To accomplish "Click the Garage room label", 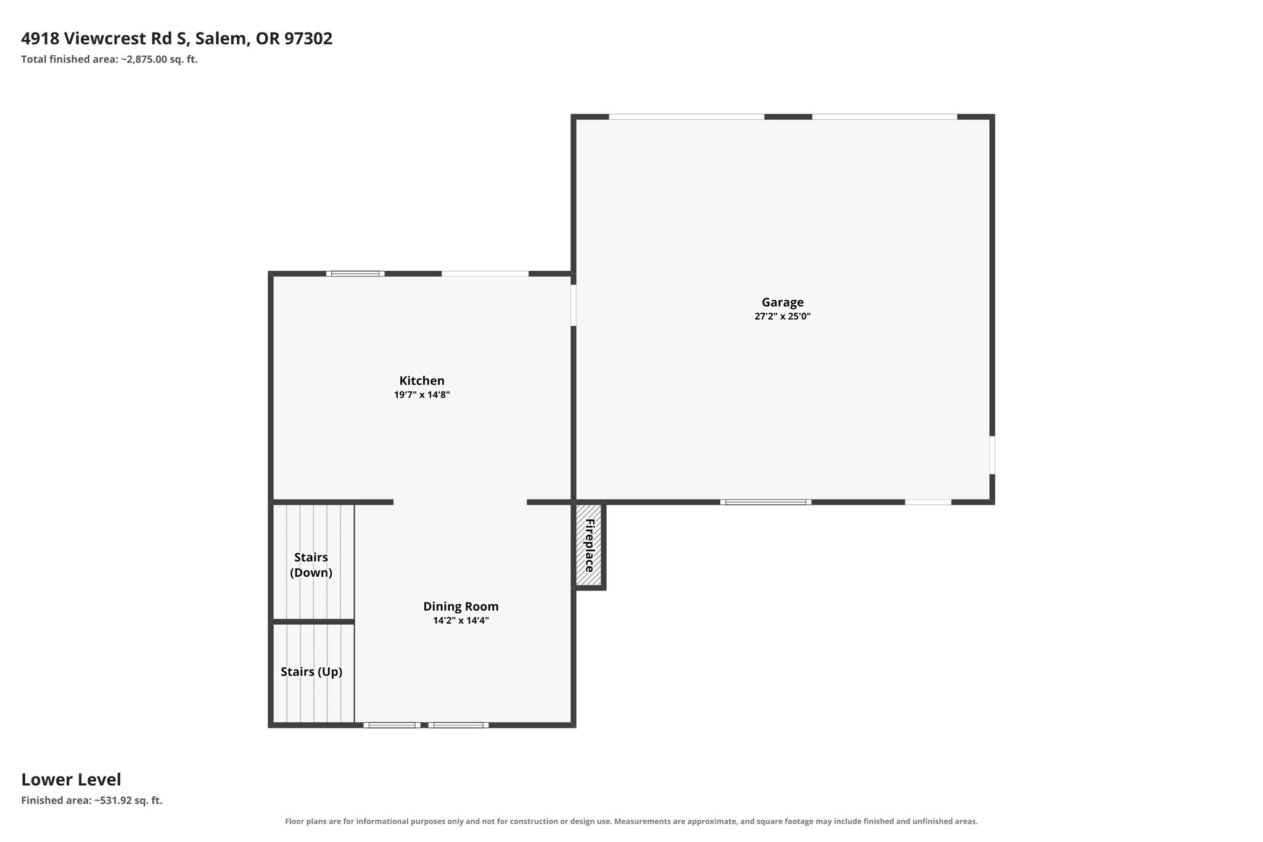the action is pyautogui.click(x=783, y=303).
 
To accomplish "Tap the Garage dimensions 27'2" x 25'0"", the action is pyautogui.click(x=783, y=316).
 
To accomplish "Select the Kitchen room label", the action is pyautogui.click(x=422, y=381).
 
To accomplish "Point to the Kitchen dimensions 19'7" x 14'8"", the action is pyautogui.click(x=422, y=395).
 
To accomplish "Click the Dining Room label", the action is pyautogui.click(x=461, y=606).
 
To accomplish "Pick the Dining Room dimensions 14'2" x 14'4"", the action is pyautogui.click(x=461, y=621).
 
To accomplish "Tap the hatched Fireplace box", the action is pyautogui.click(x=588, y=545).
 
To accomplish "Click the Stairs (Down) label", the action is pyautogui.click(x=311, y=565).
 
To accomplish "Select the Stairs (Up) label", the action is pyautogui.click(x=311, y=672).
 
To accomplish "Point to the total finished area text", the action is pyautogui.click(x=109, y=60).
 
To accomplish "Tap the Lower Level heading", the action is pyautogui.click(x=71, y=780).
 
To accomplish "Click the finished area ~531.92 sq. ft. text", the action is pyautogui.click(x=92, y=801).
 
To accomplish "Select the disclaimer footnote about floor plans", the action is pyautogui.click(x=631, y=821).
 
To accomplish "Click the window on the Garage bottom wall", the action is pyautogui.click(x=765, y=502).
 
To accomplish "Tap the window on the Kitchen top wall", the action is pyautogui.click(x=355, y=273).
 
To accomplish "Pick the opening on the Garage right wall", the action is pyautogui.click(x=992, y=455).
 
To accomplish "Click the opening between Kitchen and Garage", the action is pyautogui.click(x=574, y=305).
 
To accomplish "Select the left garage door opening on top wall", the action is pyautogui.click(x=686, y=117).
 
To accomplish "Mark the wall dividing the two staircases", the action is pyautogui.click(x=314, y=622).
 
